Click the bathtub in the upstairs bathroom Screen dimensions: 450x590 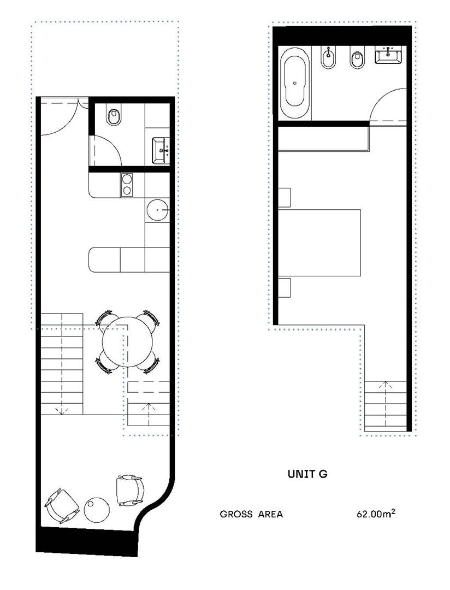tap(297, 82)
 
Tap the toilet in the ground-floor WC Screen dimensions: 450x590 tap(114, 115)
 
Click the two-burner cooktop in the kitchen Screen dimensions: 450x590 tap(127, 185)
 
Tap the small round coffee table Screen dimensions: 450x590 tap(97, 510)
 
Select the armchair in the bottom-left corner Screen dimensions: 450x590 tap(62, 506)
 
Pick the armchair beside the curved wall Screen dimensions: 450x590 tap(130, 490)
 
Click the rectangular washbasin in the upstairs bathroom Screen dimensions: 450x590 tap(388, 55)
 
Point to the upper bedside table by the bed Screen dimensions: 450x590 tap(284, 197)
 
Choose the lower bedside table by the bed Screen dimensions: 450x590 tap(284, 287)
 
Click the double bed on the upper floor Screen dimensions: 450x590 tap(319, 243)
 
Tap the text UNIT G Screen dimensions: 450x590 tap(307, 474)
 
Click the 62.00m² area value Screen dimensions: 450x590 tap(376, 514)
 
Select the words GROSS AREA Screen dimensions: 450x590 tap(251, 514)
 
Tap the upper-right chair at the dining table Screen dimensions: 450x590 tap(151, 319)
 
